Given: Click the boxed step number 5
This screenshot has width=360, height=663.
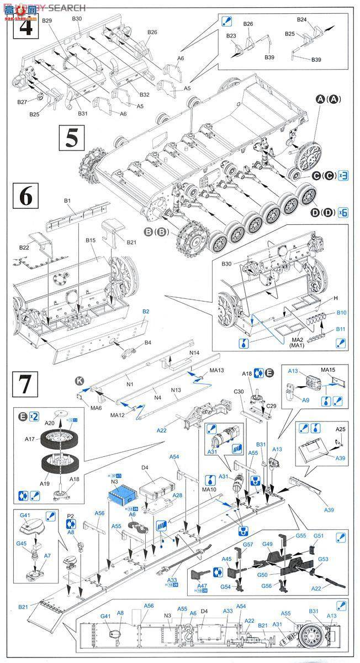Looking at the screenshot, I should (x=71, y=137).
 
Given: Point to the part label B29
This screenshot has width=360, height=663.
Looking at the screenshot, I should (x=47, y=20).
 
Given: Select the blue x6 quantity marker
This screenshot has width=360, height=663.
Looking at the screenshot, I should (x=343, y=212).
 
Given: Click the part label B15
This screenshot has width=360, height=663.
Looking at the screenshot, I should (x=91, y=240).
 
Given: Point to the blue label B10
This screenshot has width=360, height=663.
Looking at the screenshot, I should (x=341, y=313).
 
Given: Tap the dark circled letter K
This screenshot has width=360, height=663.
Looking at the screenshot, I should (x=80, y=381).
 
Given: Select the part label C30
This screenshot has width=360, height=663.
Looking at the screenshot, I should (x=238, y=392).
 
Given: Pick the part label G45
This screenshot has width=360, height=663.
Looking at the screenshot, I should (x=21, y=543).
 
